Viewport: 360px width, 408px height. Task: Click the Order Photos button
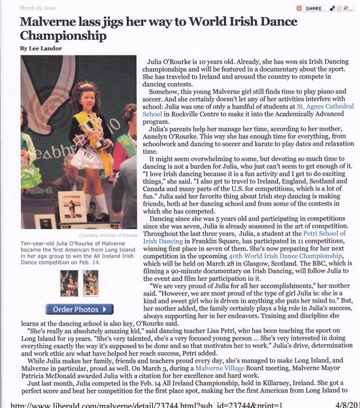point(79,309)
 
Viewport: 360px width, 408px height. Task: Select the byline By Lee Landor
point(41,48)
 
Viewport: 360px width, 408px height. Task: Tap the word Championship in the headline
point(63,36)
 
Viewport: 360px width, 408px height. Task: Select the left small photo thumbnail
point(69,283)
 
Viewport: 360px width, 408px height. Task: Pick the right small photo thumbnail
point(91,283)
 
